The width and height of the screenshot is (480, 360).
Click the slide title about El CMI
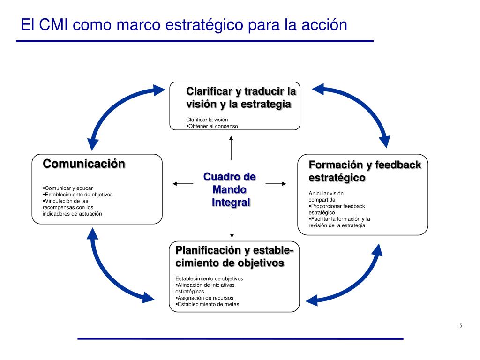184,24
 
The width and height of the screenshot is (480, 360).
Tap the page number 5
460,326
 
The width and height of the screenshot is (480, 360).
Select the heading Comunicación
84,164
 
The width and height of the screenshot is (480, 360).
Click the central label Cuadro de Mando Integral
230,189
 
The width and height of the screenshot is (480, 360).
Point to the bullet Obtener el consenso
213,126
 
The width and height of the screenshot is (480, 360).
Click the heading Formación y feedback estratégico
365,172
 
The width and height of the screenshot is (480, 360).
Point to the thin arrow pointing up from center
231,147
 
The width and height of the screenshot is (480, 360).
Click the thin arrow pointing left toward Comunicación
183,184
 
